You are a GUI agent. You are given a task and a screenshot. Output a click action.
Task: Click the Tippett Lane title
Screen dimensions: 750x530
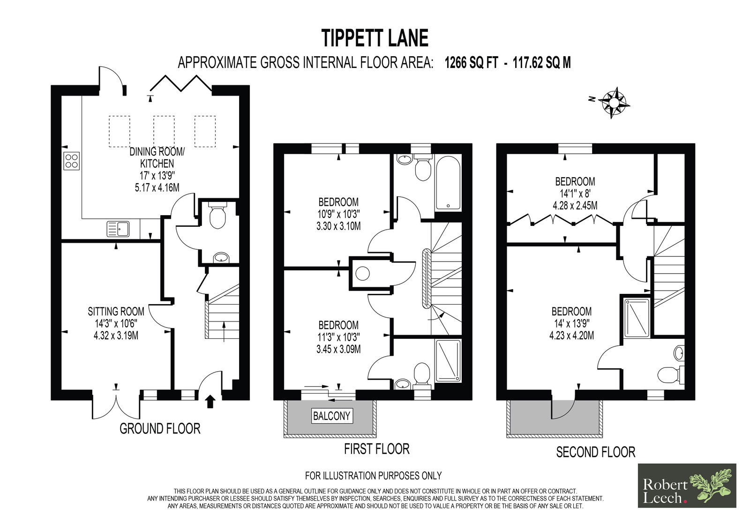375,38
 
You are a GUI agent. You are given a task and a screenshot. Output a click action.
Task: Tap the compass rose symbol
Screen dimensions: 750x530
614,103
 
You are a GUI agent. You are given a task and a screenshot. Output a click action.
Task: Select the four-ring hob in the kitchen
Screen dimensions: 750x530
71,161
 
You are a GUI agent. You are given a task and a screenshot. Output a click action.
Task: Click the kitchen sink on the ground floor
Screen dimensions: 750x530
118,229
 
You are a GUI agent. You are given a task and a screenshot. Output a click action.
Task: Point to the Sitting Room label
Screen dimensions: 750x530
116,311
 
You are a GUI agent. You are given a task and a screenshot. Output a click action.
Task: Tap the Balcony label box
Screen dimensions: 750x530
331,416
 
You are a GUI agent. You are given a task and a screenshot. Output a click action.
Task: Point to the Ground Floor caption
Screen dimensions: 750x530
160,429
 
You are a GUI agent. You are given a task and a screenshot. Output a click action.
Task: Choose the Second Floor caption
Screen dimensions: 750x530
596,452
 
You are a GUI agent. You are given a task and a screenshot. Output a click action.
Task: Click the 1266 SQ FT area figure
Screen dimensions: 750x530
471,63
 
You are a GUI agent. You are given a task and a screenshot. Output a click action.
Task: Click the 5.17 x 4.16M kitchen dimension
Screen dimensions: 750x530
157,187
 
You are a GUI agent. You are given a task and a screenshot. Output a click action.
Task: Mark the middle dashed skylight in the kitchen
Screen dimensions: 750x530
164,131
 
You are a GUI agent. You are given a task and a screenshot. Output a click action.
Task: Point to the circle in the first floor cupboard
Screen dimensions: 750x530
362,274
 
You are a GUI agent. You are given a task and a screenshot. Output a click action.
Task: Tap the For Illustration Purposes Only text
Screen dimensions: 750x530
373,476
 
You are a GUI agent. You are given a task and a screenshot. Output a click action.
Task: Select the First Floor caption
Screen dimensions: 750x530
377,449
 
